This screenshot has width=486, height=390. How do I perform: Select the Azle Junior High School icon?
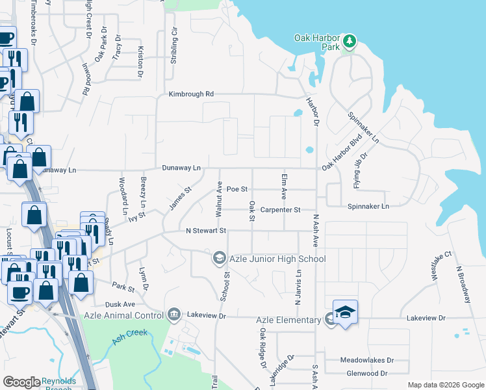pos(219,259)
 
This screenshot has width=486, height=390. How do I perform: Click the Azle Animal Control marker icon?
pos(173,315)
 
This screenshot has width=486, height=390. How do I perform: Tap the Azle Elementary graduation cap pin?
pos(346,313)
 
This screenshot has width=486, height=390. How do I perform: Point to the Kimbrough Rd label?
pos(191,94)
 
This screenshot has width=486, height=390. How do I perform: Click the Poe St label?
pos(237,189)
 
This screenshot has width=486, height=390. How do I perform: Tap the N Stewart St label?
pos(205,231)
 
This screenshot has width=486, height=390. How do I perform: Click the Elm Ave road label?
pos(283,186)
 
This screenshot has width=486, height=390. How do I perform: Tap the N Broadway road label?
pos(463,285)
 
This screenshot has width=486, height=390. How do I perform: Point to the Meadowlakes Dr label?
pos(367,360)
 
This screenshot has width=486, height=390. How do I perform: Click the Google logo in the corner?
pos(21,382)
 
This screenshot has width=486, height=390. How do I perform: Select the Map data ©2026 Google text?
pos(445,385)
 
